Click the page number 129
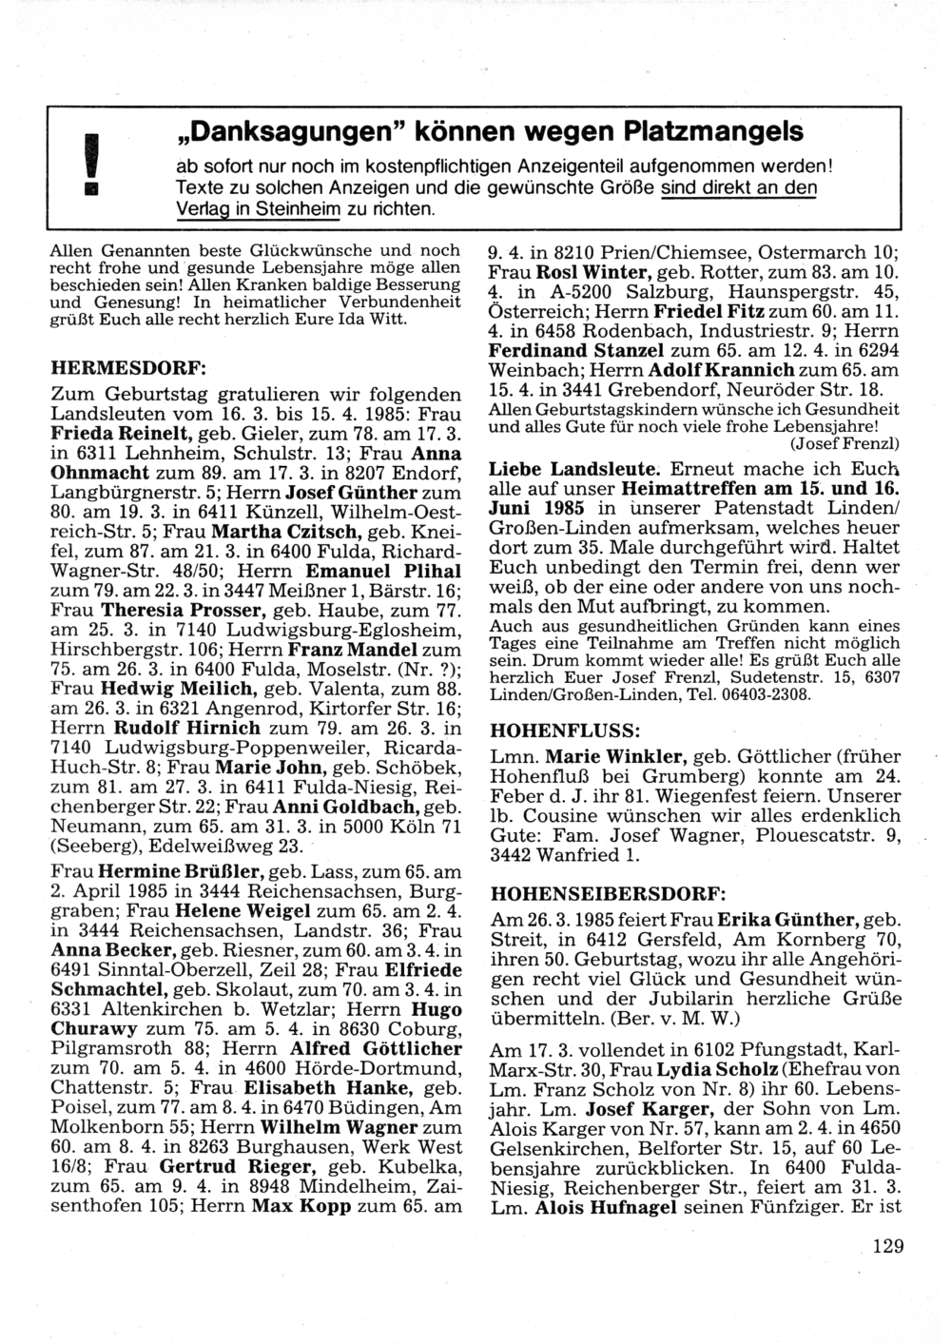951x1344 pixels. click(885, 1247)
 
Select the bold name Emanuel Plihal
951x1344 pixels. click(382, 571)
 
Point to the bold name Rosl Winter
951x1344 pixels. click(589, 272)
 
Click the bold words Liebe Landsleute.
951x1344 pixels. click(573, 469)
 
